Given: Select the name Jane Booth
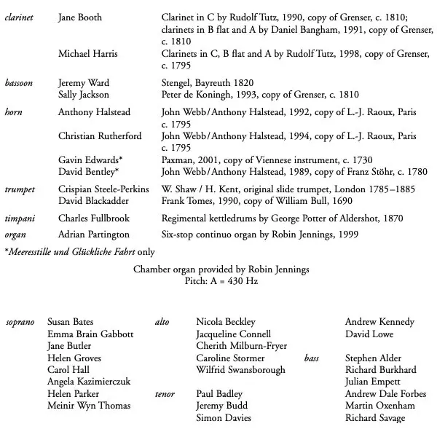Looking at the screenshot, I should point(80,17).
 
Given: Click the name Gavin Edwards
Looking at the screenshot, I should point(90,160).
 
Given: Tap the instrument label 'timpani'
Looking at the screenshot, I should point(20,219).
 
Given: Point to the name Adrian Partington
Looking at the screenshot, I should point(94,235).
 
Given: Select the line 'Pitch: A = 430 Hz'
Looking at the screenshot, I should point(221,280).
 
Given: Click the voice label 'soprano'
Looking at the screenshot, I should point(20,322).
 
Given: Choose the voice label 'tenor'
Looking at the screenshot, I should point(165,394).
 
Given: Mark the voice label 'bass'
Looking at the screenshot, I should point(312,358).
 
